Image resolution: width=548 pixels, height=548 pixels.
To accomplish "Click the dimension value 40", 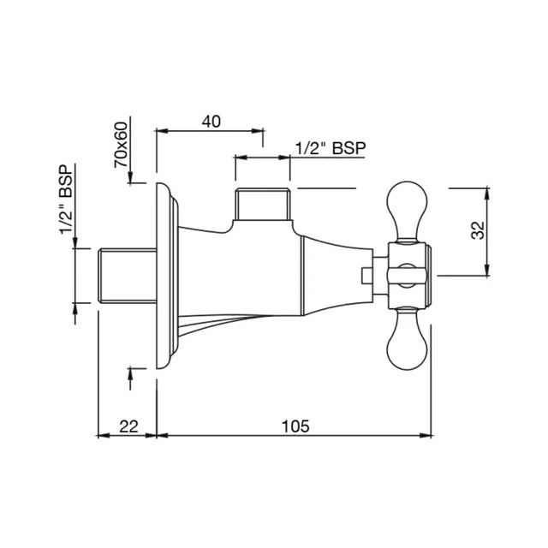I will coord(211,121).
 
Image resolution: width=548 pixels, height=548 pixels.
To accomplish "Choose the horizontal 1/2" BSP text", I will coord(330,148).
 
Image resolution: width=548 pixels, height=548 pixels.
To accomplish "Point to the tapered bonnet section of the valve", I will coord(338,274).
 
